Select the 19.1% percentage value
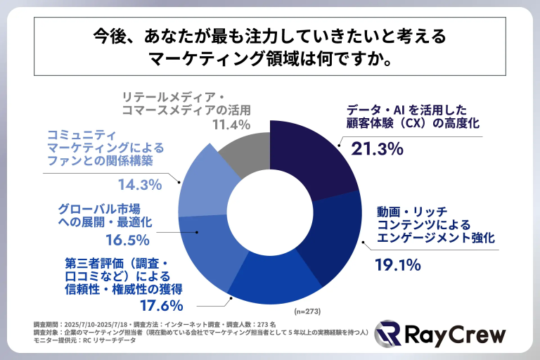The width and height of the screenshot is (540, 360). tap(397, 266)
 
